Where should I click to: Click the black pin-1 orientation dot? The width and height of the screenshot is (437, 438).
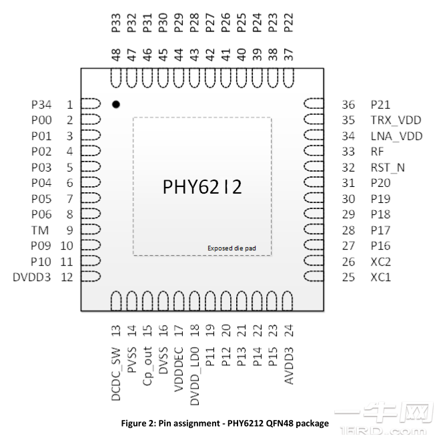(116, 105)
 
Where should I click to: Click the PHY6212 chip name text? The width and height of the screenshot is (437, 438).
(202, 187)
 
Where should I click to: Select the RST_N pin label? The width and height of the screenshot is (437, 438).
(388, 168)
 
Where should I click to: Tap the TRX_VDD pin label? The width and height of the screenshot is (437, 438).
(396, 120)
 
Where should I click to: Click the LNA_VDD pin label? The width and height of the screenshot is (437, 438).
(396, 136)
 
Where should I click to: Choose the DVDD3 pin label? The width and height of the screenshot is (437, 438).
(32, 277)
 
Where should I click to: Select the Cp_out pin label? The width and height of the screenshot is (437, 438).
(147, 365)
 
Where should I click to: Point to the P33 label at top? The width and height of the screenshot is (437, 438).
(116, 24)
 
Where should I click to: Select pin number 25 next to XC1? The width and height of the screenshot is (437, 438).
(348, 277)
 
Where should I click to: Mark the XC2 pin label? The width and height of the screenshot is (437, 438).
(381, 261)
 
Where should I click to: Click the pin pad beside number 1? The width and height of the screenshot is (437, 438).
(91, 105)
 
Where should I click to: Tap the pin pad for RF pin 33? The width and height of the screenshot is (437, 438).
(313, 152)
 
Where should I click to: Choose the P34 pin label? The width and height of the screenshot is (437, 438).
(41, 105)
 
